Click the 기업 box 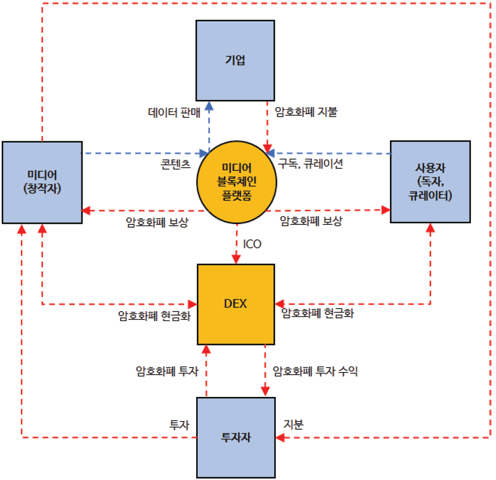(x=235, y=60)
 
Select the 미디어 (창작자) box (x=42, y=182)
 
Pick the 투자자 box (x=235, y=437)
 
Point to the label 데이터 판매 (x=174, y=113)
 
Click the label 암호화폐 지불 (x=306, y=113)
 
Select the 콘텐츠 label (x=175, y=164)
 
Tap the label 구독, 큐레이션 (x=310, y=163)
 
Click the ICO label (x=252, y=244)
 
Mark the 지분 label (x=293, y=424)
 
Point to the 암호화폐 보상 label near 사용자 (x=311, y=221)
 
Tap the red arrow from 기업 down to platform (x=267, y=126)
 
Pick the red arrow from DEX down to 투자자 (x=265, y=371)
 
